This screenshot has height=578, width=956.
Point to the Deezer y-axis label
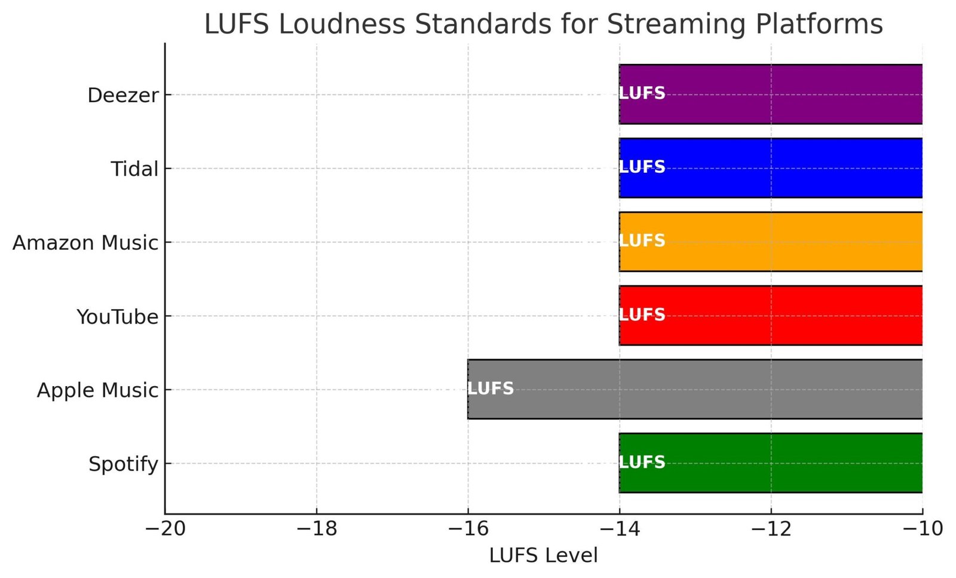[x=123, y=95]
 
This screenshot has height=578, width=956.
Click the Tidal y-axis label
[x=134, y=169]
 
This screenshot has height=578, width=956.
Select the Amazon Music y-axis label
[x=85, y=243]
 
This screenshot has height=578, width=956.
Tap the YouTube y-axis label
[x=117, y=317]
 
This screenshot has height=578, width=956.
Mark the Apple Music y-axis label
[x=97, y=390]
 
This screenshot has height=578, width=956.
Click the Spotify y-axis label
[x=123, y=464]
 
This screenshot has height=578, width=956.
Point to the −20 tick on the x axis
[x=166, y=529]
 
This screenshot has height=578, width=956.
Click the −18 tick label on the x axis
[x=317, y=529]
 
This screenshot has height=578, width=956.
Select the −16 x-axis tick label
[x=468, y=529]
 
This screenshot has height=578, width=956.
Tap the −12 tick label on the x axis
[x=771, y=529]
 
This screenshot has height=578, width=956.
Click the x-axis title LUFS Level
[x=543, y=555]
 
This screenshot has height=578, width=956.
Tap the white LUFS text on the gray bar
[x=490, y=389]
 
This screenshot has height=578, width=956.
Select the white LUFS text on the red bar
[x=642, y=314]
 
